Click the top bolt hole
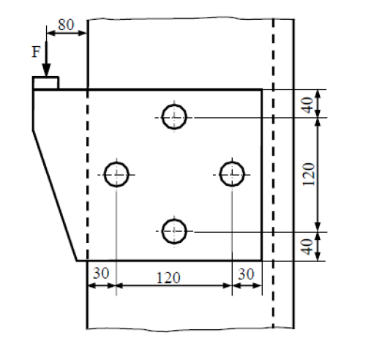174,116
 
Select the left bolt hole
116,174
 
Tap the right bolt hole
232,174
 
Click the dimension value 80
66,23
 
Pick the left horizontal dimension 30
101,272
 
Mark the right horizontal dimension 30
247,272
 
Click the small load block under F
45,83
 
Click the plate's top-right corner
262,90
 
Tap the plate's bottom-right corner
262,260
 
